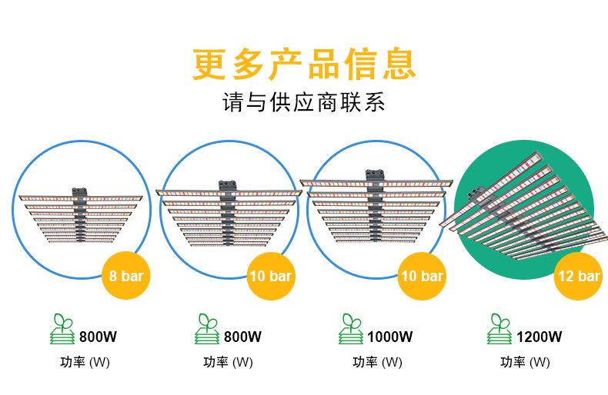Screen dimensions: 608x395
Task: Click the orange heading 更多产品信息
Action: [304, 65]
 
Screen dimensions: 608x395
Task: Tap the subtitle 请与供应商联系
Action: [303, 103]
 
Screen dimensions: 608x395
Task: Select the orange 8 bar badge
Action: [125, 275]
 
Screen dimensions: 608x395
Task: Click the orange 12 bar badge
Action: [577, 275]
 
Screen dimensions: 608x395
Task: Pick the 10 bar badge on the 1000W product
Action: [422, 275]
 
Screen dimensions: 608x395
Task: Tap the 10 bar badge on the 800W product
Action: [269, 275]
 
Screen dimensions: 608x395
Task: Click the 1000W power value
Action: [390, 336]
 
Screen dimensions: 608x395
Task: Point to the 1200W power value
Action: [539, 336]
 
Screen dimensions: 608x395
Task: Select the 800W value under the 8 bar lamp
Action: [98, 336]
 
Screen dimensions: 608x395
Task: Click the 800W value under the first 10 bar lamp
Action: [242, 336]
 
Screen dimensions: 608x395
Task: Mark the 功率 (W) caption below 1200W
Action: [525, 362]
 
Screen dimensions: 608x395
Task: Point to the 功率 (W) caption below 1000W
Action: [377, 362]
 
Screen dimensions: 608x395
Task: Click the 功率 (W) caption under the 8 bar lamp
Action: [85, 362]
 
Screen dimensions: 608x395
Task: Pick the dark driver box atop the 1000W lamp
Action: [377, 175]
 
